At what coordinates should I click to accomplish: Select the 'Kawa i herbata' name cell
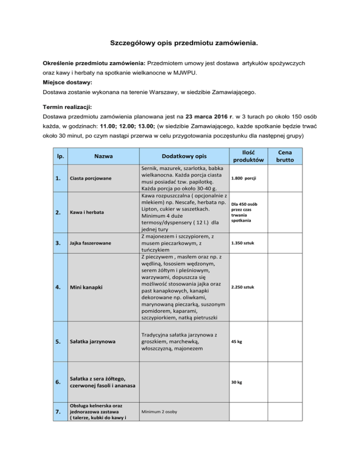point(87,212)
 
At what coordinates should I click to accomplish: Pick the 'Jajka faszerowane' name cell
point(90,243)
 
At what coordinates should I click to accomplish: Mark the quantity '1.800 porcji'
point(249,179)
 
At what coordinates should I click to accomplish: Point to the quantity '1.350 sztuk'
point(248,243)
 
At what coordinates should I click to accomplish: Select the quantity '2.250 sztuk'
point(248,287)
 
